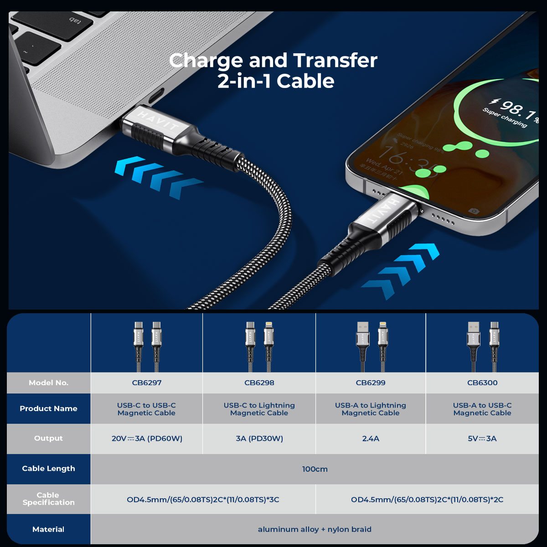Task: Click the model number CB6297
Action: pyautogui.click(x=146, y=382)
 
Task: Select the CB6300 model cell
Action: pyautogui.click(x=482, y=382)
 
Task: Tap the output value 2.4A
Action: pyautogui.click(x=371, y=439)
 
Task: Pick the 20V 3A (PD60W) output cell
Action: pyautogui.click(x=147, y=439)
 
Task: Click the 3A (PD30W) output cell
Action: pyautogui.click(x=259, y=439)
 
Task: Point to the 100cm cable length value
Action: pyautogui.click(x=315, y=469)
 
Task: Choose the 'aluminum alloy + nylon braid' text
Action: pyautogui.click(x=315, y=529)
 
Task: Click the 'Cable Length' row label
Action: pyautogui.click(x=48, y=469)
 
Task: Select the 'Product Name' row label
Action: pyautogui.click(x=48, y=408)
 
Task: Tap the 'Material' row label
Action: pyautogui.click(x=48, y=529)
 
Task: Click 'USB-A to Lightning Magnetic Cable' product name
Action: pyautogui.click(x=371, y=409)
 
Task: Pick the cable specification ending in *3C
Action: pyautogui.click(x=203, y=500)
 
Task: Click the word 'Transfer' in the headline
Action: pyautogui.click(x=335, y=61)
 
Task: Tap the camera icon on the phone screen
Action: pyautogui.click(x=474, y=211)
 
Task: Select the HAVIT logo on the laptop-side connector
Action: pyautogui.click(x=158, y=120)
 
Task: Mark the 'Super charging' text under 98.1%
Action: pyautogui.click(x=505, y=118)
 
